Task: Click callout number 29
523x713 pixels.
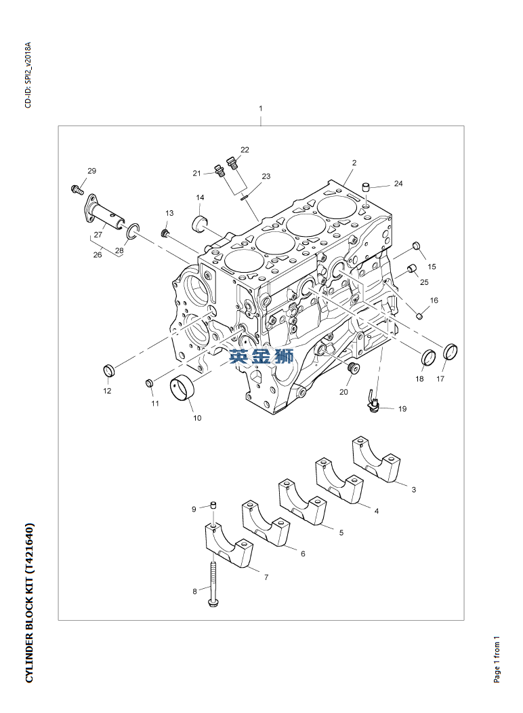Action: pyautogui.click(x=92, y=170)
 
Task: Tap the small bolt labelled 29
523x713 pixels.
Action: pyautogui.click(x=76, y=188)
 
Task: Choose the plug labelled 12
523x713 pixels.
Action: pyautogui.click(x=108, y=370)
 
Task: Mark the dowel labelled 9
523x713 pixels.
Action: pyautogui.click(x=213, y=505)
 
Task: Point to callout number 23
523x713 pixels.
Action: pyautogui.click(x=266, y=176)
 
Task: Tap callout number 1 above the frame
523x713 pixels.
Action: pyautogui.click(x=261, y=109)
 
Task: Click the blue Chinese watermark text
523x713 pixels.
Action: pyautogui.click(x=261, y=356)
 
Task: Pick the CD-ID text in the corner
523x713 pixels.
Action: pyautogui.click(x=28, y=75)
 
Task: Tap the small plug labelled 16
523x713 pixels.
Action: pyautogui.click(x=419, y=314)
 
